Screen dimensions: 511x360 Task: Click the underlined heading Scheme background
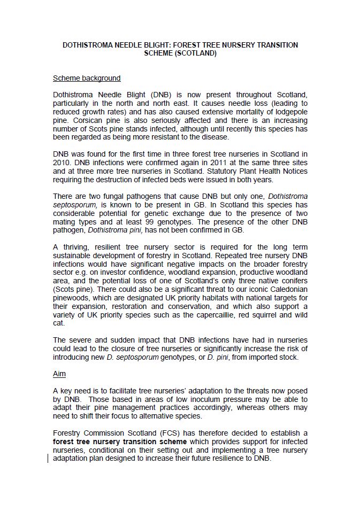tap(87, 79)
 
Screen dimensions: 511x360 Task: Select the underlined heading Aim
tap(59, 374)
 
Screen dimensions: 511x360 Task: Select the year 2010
tap(62, 162)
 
